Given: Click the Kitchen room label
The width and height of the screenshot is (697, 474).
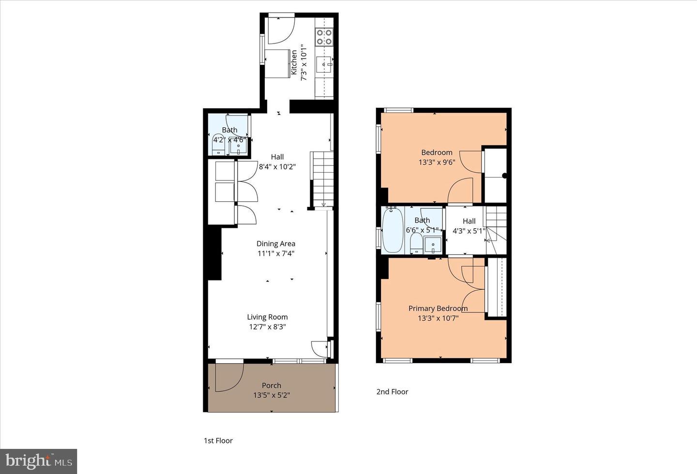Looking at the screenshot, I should (293, 62).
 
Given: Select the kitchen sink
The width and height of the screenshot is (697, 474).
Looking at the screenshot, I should (324, 63).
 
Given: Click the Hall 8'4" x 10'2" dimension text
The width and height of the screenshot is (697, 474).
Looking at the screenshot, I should (277, 166).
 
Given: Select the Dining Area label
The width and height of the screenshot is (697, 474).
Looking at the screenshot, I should (276, 244).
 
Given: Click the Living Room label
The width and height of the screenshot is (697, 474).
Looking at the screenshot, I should (267, 317).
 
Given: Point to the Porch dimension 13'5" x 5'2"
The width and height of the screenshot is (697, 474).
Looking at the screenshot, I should (272, 395).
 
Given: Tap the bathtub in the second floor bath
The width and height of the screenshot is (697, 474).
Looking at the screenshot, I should (392, 230).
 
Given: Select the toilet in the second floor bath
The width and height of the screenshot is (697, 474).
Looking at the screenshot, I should (416, 243).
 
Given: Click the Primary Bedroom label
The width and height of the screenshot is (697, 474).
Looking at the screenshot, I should (438, 309).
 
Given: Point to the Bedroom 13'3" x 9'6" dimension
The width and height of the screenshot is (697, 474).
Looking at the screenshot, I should (437, 163).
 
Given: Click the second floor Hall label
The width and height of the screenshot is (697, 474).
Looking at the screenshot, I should (469, 222).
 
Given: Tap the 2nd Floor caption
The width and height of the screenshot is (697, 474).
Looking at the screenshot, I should (392, 392).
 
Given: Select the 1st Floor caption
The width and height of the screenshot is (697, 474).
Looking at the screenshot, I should (218, 441).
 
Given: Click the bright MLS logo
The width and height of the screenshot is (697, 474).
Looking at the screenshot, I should (39, 461).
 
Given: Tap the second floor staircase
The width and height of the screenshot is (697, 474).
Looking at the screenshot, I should (496, 227).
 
